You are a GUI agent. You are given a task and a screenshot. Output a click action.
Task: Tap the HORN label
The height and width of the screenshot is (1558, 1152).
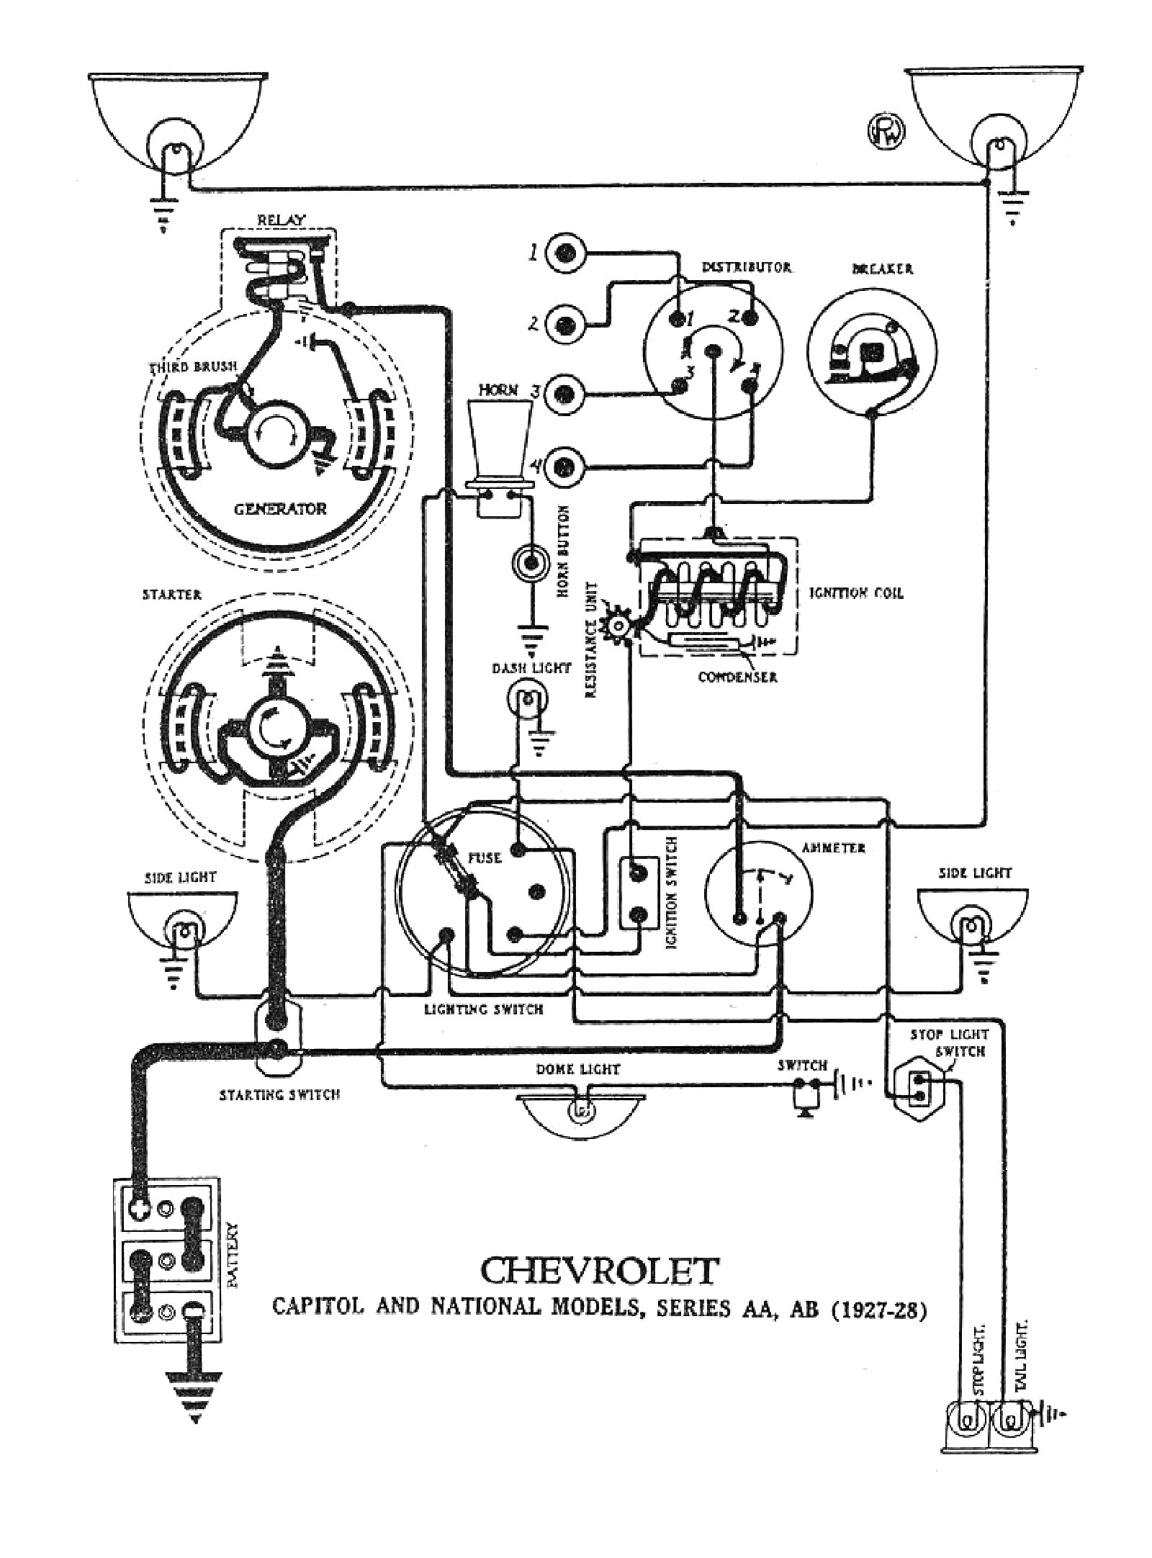tap(498, 389)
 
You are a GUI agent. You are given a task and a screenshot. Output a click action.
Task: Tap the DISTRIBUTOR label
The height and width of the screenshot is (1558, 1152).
tap(746, 268)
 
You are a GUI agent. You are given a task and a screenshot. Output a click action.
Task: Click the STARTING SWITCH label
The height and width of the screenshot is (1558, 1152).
tap(279, 1095)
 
